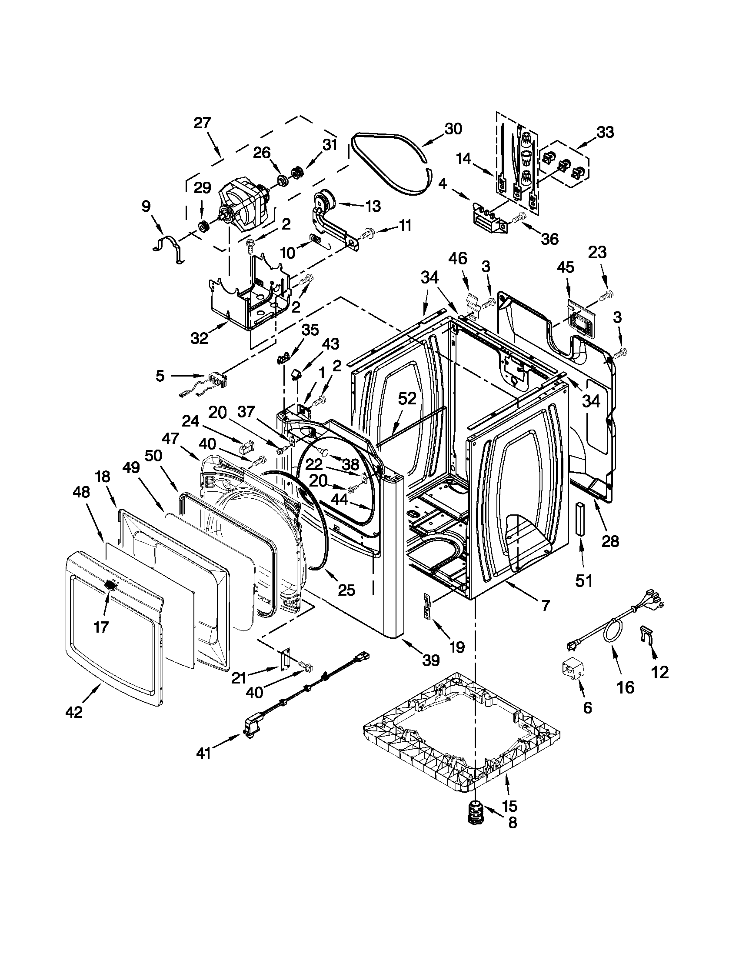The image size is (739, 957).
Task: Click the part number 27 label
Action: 203,123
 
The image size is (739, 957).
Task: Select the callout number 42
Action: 73,713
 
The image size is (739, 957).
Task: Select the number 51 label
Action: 583,581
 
